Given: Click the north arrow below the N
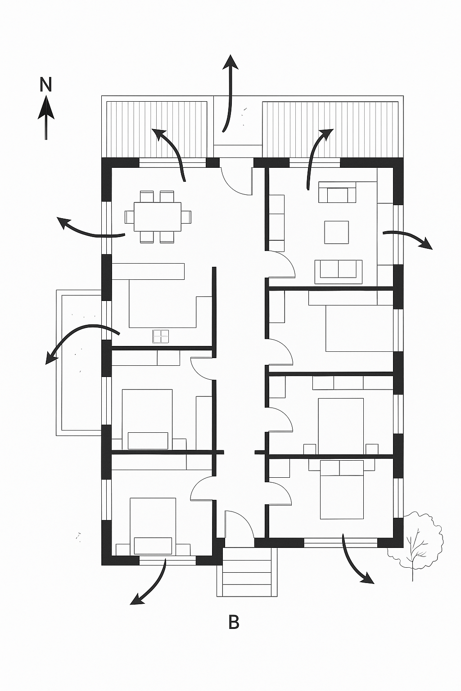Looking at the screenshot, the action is point(46,117).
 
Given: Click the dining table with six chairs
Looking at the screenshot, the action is point(158,217).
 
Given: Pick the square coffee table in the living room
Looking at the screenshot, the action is point(336,232).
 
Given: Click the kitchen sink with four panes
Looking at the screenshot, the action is point(161,336).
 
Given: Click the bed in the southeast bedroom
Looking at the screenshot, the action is point(342,489).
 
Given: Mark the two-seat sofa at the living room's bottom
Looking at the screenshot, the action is point(339,272).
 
